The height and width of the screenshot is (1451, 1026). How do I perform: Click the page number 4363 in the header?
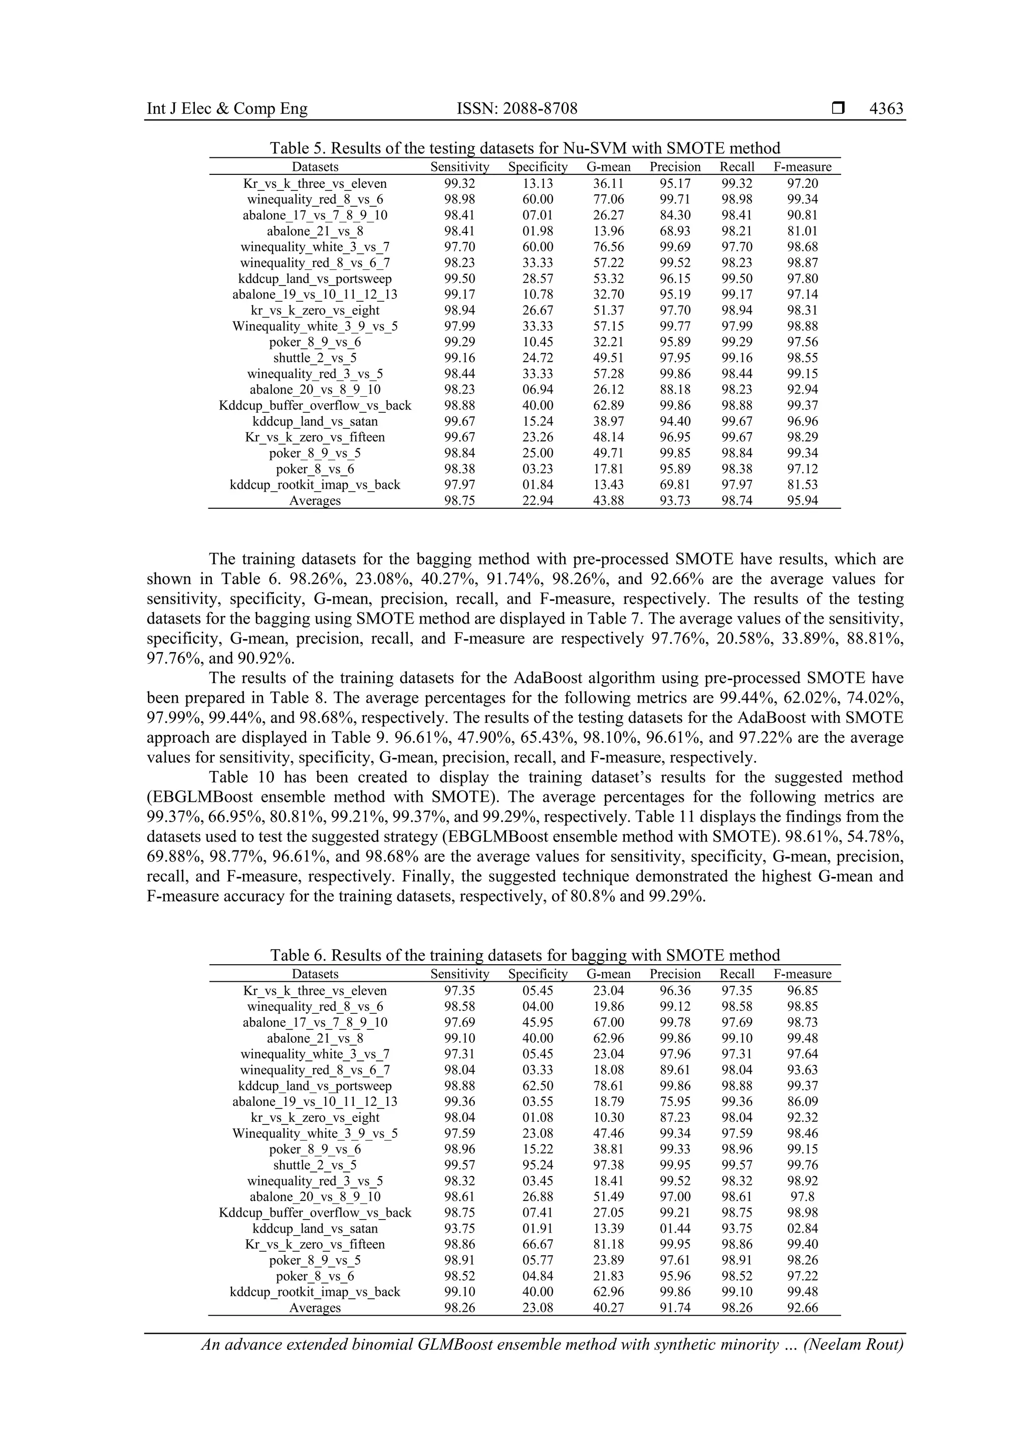[x=886, y=109]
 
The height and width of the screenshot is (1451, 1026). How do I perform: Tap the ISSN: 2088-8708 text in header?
[x=517, y=109]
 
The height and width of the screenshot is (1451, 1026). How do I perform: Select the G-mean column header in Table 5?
[x=608, y=167]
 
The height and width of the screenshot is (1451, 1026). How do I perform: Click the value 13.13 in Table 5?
[x=538, y=183]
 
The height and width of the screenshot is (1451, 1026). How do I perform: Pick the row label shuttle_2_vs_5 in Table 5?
[x=315, y=358]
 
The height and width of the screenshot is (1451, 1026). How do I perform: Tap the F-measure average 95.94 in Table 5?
[x=802, y=500]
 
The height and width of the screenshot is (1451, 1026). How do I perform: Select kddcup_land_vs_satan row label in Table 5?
[x=315, y=421]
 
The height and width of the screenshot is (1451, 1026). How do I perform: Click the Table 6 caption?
[x=525, y=955]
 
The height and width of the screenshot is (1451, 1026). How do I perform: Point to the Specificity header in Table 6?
[x=538, y=974]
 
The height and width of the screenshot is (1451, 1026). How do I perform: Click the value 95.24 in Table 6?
[x=538, y=1165]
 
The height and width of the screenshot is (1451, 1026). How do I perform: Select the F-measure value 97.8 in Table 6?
[x=802, y=1197]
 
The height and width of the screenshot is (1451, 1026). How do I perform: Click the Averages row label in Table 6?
[x=315, y=1308]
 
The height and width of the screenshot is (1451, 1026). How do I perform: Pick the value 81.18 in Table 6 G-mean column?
[x=608, y=1244]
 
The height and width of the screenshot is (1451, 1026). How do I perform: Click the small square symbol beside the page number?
[x=838, y=109]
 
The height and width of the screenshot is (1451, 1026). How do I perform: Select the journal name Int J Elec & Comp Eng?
[x=227, y=109]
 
